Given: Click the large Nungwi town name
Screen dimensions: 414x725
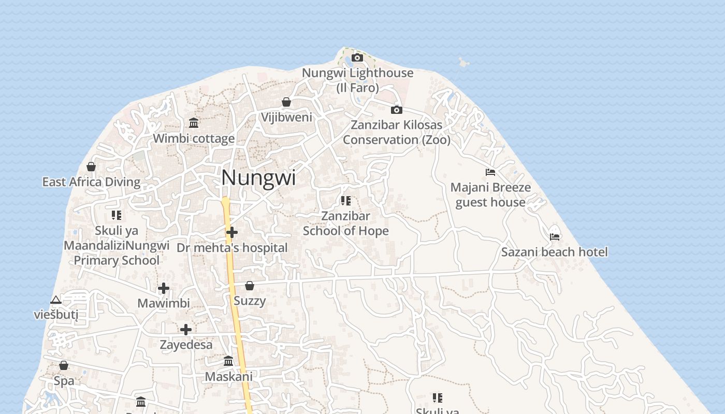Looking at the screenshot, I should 258,178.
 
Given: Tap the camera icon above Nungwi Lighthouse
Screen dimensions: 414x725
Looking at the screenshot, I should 357,57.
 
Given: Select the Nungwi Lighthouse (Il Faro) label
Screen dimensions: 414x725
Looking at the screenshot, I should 357,80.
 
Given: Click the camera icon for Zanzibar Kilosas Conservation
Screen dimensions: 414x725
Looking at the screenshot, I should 396,110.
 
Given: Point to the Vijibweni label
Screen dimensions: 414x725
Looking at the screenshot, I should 286,117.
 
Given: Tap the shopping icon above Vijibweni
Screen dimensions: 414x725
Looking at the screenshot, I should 286,102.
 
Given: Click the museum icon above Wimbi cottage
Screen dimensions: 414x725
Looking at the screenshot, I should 194,123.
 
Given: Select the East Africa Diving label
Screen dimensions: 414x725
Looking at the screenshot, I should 91,182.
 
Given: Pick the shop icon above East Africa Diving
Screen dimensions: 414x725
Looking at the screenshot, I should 91,167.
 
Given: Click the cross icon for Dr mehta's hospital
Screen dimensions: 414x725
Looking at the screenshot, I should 232,232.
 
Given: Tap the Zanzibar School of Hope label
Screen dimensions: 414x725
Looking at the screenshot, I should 345,223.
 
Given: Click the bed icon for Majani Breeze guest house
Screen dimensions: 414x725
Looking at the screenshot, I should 490,172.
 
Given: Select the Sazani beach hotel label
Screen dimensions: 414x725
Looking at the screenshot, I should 554,252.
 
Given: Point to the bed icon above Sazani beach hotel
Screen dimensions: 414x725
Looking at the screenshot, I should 555,237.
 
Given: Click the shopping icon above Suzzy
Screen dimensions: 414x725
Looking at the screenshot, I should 250,286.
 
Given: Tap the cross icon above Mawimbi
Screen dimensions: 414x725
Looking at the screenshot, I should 164,288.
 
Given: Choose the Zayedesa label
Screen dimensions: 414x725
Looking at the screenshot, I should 186,345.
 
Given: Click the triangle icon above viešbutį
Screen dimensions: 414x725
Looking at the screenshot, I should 56,300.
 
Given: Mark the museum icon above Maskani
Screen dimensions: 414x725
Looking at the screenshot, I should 228,361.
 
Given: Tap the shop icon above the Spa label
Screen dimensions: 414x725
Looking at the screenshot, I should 64,365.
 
